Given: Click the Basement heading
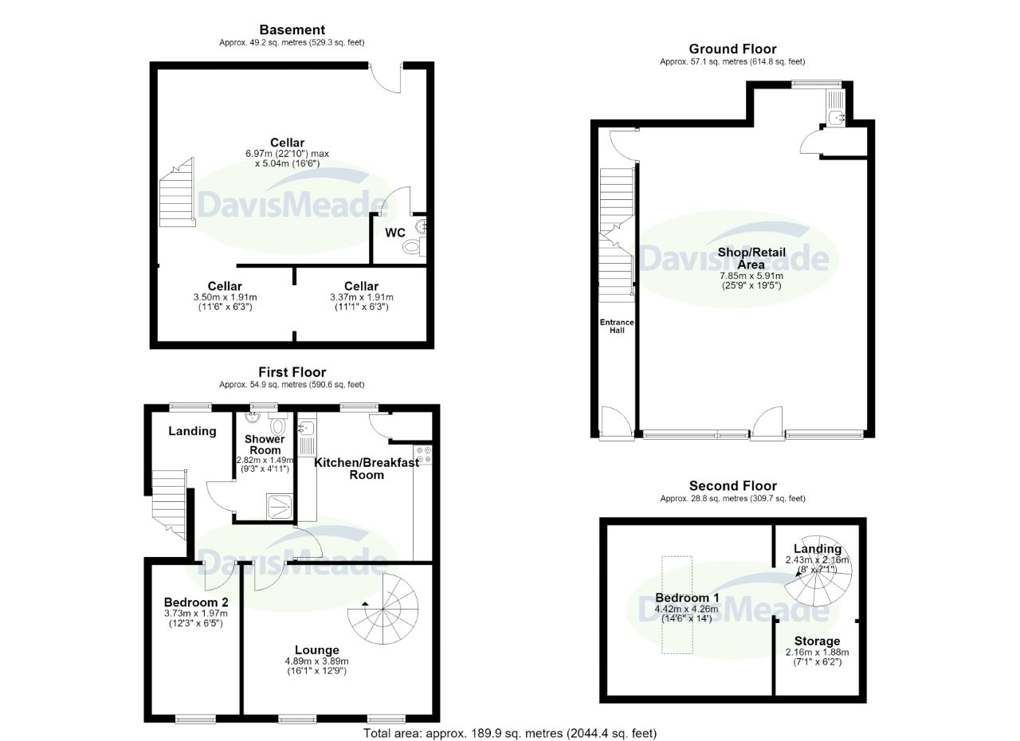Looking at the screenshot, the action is tap(292, 30).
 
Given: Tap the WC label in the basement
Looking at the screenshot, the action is tap(394, 233).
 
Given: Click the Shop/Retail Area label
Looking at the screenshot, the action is tap(751, 258).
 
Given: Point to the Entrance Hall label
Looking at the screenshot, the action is tap(617, 326).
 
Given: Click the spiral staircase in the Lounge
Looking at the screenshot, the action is tap(383, 609).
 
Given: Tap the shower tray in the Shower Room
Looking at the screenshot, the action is tap(279, 507).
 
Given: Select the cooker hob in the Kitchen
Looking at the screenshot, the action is tap(422, 455).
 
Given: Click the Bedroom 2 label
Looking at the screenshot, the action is tap(196, 602).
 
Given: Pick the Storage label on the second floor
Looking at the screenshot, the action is tap(817, 641).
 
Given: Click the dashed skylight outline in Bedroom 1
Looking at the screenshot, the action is tap(677, 605).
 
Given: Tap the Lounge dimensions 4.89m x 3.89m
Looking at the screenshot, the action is tap(316, 661).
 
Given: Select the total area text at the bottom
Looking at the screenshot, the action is tap(510, 733).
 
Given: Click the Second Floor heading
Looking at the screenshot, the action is tap(732, 486).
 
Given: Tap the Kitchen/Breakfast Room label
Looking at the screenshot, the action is tap(367, 469).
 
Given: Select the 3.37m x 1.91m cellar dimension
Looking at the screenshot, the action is tap(362, 297).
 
